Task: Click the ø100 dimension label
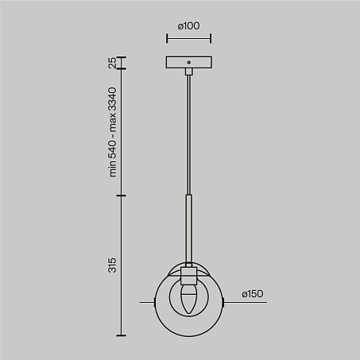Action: coord(188,26)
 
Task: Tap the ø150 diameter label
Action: coord(252,294)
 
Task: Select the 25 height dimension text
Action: coord(112,63)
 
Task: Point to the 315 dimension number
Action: coord(112,265)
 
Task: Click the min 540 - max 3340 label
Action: coord(112,132)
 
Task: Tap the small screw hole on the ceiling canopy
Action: coord(188,63)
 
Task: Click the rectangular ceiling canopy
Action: coord(188,62)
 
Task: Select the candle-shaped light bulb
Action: coord(188,299)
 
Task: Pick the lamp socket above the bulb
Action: coord(188,276)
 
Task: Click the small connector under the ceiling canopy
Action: coord(189,72)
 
